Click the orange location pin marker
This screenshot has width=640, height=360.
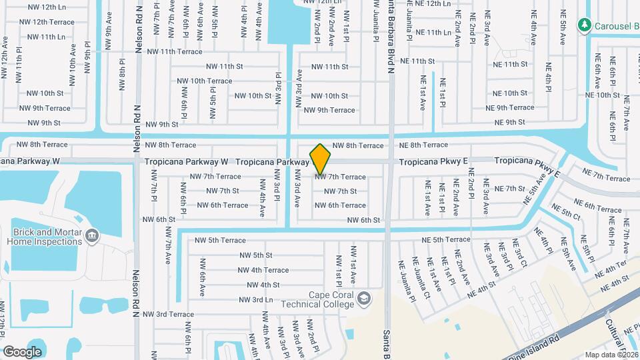[x=321, y=159]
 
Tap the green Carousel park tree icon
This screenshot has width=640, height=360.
[x=585, y=25]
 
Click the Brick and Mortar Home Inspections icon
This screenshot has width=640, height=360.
[x=92, y=235]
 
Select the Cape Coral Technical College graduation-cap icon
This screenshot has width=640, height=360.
[x=363, y=298]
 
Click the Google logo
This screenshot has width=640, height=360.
[x=22, y=351]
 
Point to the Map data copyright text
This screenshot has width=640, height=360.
[x=611, y=354]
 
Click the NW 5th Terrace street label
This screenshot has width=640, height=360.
[x=220, y=240]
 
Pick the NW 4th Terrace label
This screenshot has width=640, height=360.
[x=263, y=270]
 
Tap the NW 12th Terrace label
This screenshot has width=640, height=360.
[x=47, y=22]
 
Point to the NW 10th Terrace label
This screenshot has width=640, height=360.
[x=204, y=81]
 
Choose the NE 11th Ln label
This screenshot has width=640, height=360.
[x=434, y=32]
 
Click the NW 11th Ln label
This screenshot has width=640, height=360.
[x=43, y=36]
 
